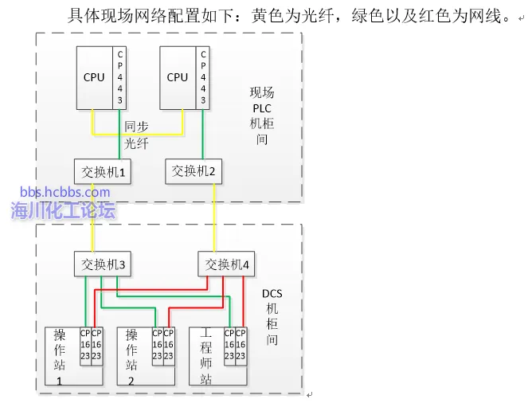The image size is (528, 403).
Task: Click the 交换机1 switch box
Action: pos(103,171)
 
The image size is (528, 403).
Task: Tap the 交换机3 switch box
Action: pos(102,264)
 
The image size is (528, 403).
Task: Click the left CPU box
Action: pos(94,77)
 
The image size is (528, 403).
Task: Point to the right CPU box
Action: pos(178,77)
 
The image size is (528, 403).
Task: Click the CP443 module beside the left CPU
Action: pos(120,77)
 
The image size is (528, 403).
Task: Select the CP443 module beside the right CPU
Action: pos(203,77)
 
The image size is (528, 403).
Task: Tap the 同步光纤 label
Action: pos(136,135)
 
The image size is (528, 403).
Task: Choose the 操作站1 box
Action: pos(61,355)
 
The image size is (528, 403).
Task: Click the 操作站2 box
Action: pos(132,355)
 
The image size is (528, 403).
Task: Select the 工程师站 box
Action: pos(205,355)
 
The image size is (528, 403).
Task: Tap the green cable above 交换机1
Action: pos(119,147)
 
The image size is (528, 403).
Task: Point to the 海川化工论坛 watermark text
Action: pos(64,210)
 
